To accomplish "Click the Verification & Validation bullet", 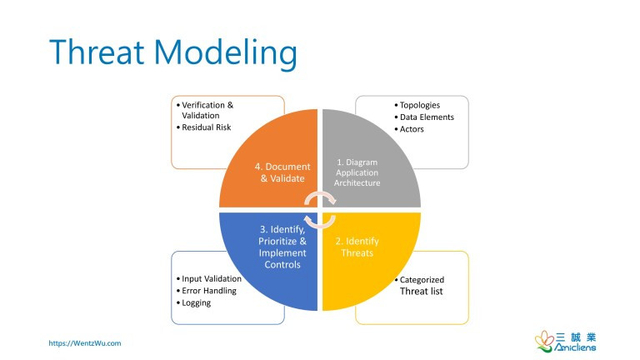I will point(206,110).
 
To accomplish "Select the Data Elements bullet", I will point(427,117).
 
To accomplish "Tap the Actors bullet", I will point(412,129).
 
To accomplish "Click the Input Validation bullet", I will point(211,279).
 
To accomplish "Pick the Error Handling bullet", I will point(208,291).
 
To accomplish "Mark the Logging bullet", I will point(196,302).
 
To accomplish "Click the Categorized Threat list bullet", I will point(421,285).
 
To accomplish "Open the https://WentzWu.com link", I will point(85,342).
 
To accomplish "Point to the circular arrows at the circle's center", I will point(320,209).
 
